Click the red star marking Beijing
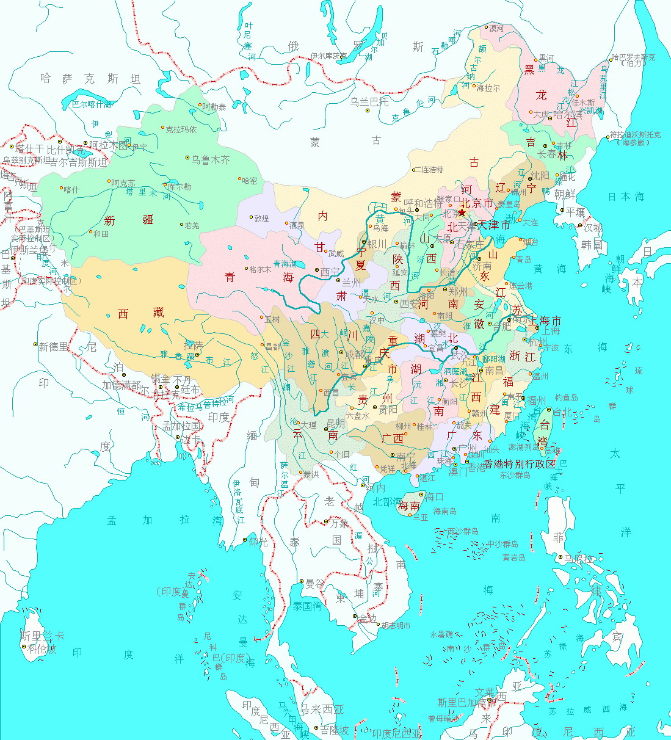pyautogui.click(x=462, y=212)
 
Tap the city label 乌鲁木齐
pyautogui.click(x=211, y=160)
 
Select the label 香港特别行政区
pyautogui.click(x=520, y=465)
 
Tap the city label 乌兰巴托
pyautogui.click(x=369, y=102)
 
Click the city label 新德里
pyautogui.click(x=54, y=346)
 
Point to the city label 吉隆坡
pyautogui.click(x=335, y=730)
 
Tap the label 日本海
pyautogui.click(x=626, y=197)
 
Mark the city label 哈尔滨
pyautogui.click(x=567, y=115)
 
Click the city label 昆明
pyautogui.click(x=335, y=423)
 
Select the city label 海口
pyautogui.click(x=433, y=497)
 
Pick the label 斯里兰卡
pyautogui.click(x=42, y=636)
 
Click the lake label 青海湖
pyautogui.click(x=284, y=264)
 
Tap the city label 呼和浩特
pyautogui.click(x=423, y=203)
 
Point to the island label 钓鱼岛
pyautogui.click(x=566, y=398)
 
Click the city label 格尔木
pyautogui.click(x=261, y=269)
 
